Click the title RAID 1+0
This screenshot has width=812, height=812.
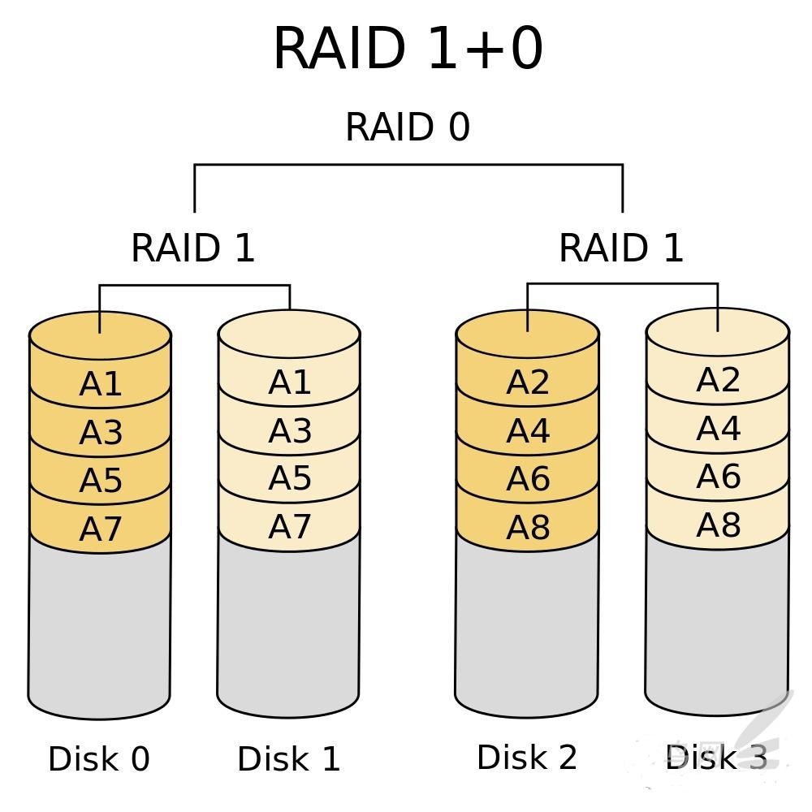(408, 49)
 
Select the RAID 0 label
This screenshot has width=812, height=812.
(408, 127)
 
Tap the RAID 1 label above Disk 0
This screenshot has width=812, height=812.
(193, 248)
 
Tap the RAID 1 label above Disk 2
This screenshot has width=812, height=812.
(621, 248)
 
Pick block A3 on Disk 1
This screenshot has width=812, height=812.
(290, 430)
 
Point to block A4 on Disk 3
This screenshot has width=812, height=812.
(718, 428)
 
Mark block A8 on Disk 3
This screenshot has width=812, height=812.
(718, 525)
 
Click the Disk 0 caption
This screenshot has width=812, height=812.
(99, 759)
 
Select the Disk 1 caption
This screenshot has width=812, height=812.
(288, 759)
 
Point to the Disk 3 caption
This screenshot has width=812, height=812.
(715, 758)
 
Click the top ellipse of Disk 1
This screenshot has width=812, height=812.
(289, 331)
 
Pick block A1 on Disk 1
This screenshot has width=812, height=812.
(290, 382)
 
